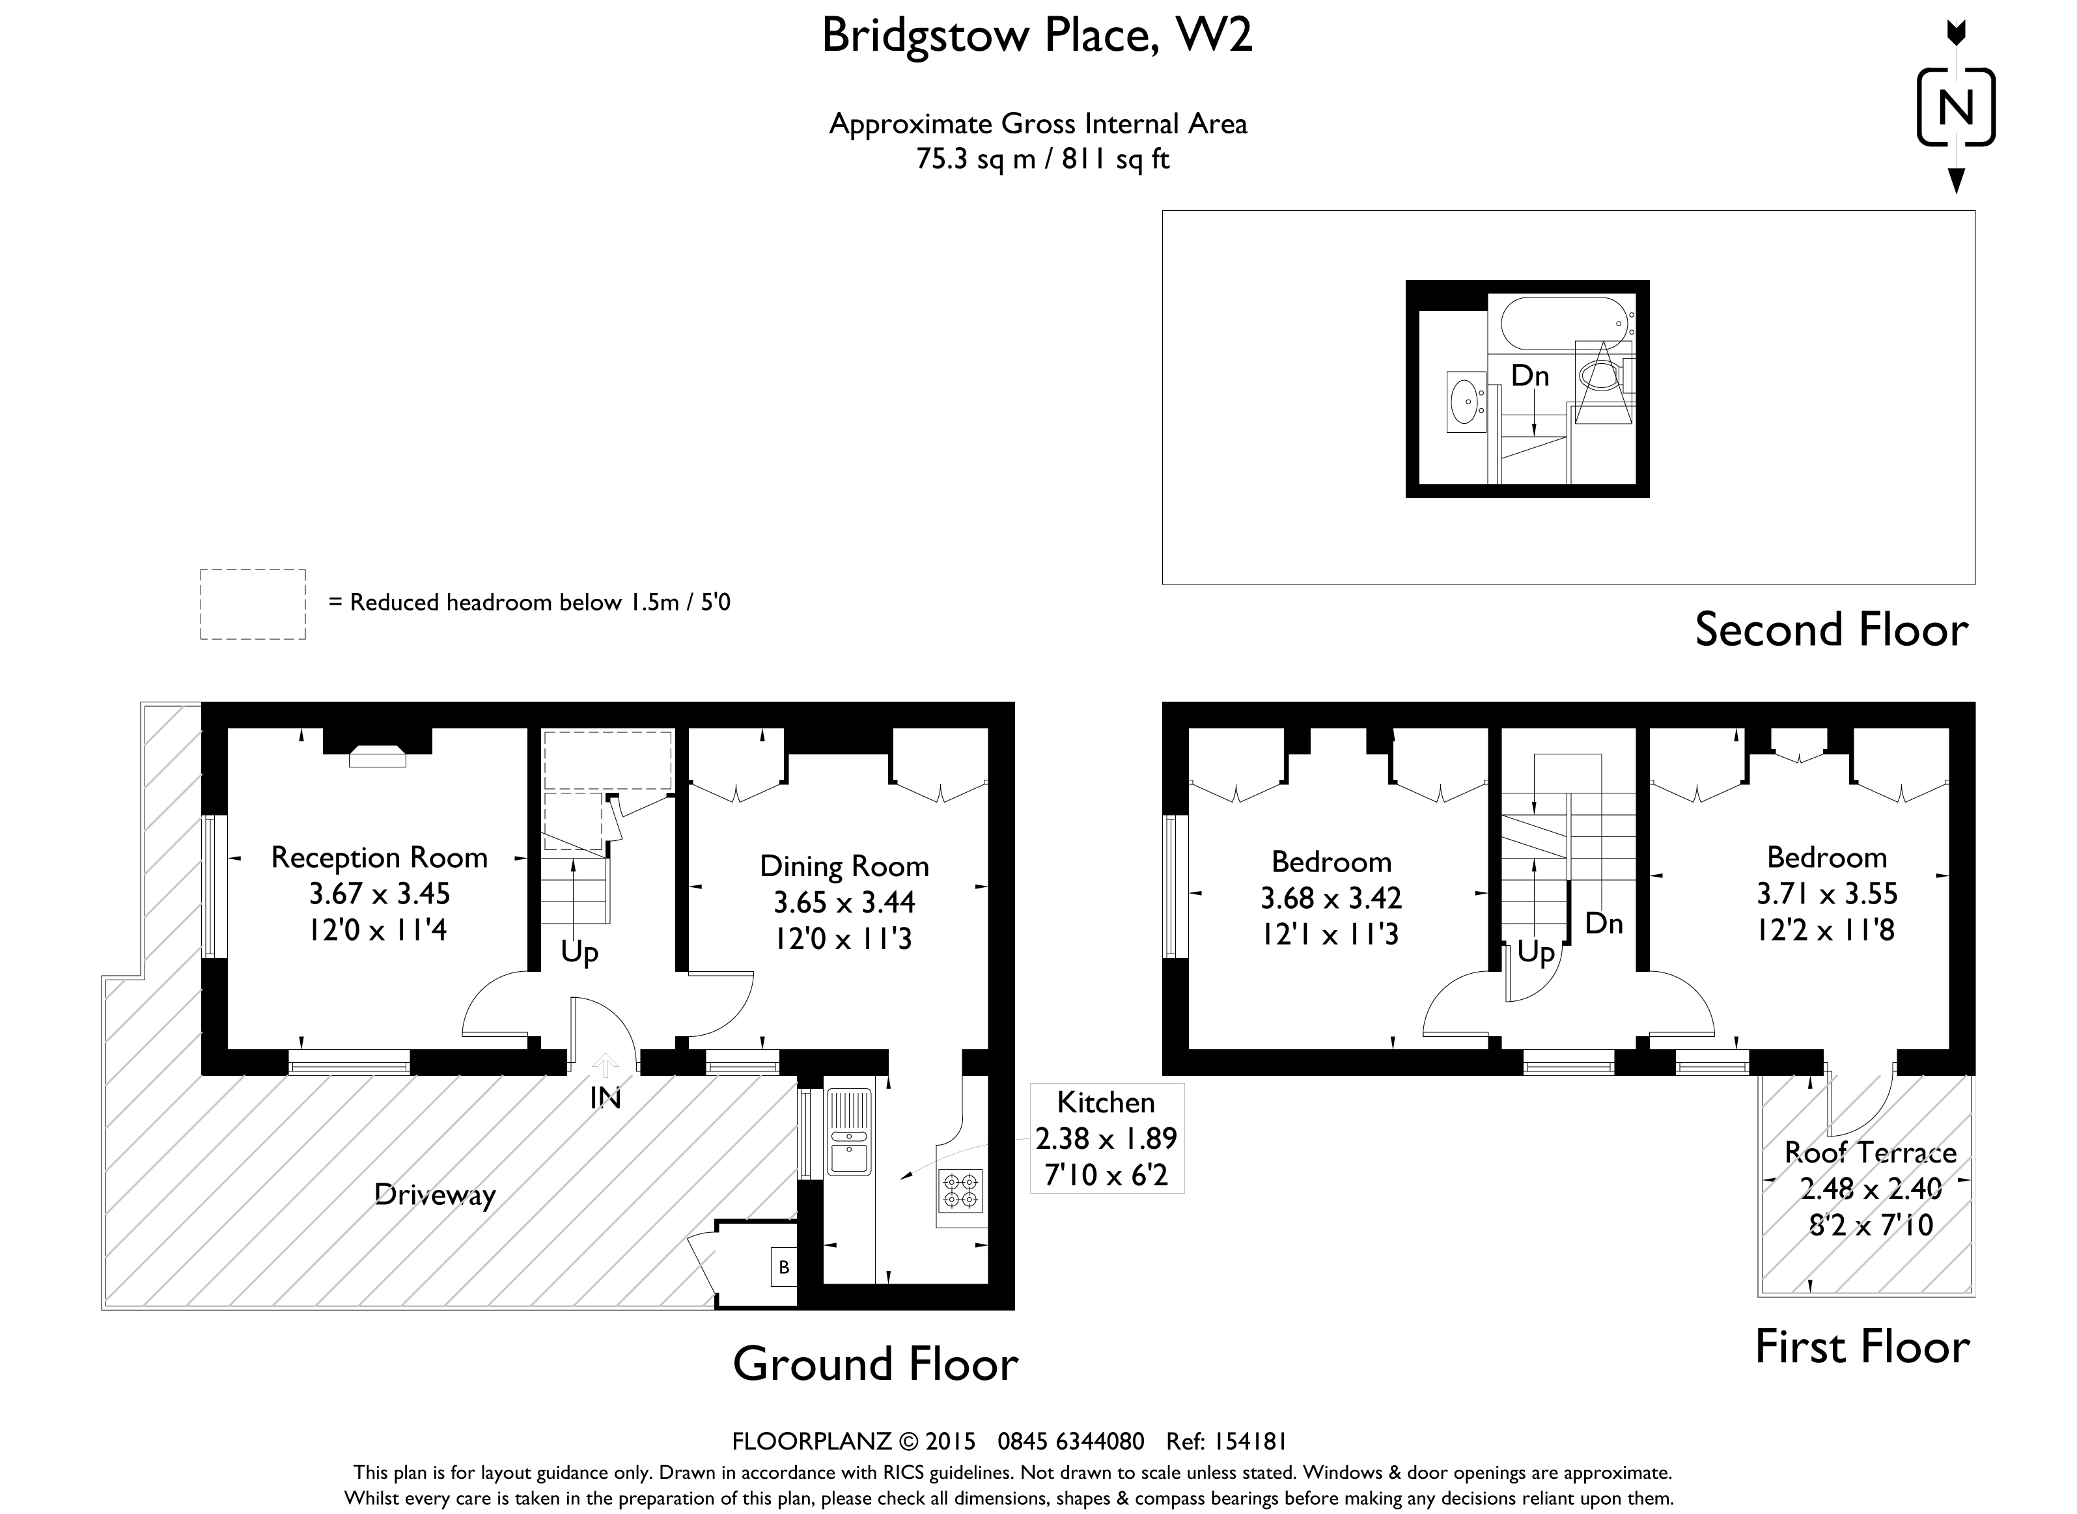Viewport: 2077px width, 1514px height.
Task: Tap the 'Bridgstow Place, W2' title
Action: tap(1037, 36)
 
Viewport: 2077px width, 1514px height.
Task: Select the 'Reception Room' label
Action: tap(380, 858)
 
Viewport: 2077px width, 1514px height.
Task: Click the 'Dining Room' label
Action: tap(844, 866)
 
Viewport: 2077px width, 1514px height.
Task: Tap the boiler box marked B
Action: tap(784, 1267)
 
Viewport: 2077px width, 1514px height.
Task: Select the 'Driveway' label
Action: tap(436, 1195)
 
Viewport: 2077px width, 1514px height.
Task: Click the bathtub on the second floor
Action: tap(1563, 323)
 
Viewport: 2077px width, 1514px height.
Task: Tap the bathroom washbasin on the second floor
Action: tap(1466, 400)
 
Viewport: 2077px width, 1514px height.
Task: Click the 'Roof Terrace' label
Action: tap(1871, 1152)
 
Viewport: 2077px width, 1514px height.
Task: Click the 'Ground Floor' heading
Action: tap(875, 1364)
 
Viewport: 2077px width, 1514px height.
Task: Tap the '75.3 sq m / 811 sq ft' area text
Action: tap(1043, 159)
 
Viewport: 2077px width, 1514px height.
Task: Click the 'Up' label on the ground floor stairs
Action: tap(579, 953)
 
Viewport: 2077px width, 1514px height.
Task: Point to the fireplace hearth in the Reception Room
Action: tap(378, 756)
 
